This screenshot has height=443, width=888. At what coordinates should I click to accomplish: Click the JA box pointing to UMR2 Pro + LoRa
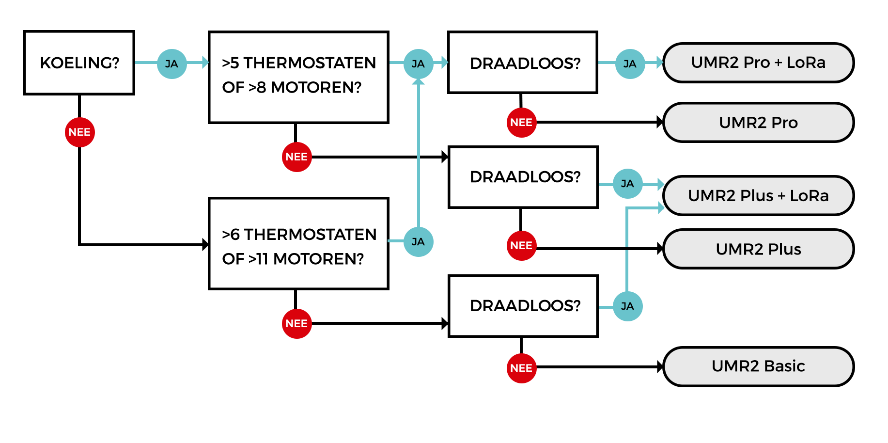tap(630, 63)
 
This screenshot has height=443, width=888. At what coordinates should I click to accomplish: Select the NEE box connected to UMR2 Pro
tap(521, 122)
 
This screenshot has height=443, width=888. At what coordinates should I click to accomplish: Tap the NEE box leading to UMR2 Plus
tap(521, 245)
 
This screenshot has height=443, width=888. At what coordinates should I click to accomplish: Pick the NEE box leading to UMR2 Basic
tap(521, 368)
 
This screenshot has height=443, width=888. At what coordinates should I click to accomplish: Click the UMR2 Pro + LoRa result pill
tap(758, 63)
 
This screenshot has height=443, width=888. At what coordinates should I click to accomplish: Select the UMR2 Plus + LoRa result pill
tap(758, 195)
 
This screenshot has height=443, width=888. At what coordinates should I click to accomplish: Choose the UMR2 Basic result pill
tap(758, 366)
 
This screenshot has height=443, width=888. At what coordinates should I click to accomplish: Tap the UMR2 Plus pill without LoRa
tap(758, 249)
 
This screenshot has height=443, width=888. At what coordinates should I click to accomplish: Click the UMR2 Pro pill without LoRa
tap(758, 123)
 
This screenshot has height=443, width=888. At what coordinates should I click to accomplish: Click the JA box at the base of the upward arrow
tap(418, 241)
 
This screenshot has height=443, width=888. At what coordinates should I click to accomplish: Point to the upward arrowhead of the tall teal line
tap(418, 82)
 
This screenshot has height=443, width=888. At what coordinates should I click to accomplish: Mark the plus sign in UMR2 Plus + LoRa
tap(781, 196)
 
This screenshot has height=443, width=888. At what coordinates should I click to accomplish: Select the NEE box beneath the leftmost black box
tap(79, 132)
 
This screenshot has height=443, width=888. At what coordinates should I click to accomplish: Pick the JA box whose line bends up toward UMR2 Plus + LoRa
tap(627, 306)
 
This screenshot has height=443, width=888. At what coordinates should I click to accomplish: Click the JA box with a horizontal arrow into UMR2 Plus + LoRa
tap(627, 183)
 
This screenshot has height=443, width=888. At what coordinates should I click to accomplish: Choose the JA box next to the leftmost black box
tap(171, 63)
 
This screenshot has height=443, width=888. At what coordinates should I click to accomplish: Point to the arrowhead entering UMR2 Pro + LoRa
tap(659, 62)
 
